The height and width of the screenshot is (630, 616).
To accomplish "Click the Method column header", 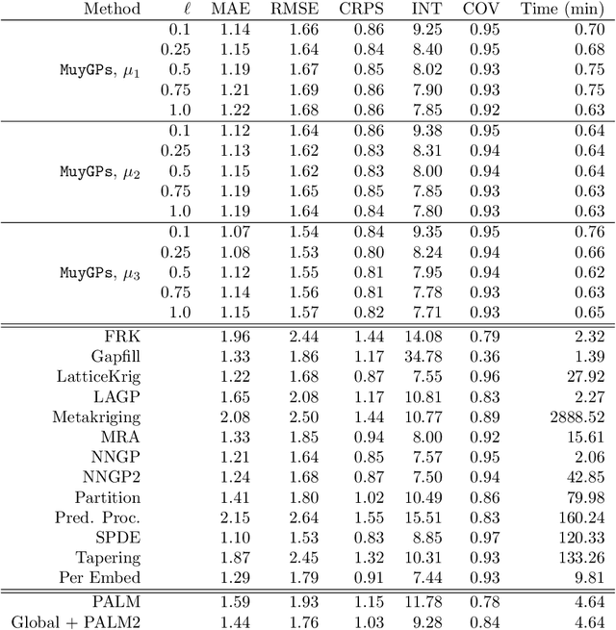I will pos(112,10).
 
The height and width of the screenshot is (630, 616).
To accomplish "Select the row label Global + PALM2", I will pos(76,622).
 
